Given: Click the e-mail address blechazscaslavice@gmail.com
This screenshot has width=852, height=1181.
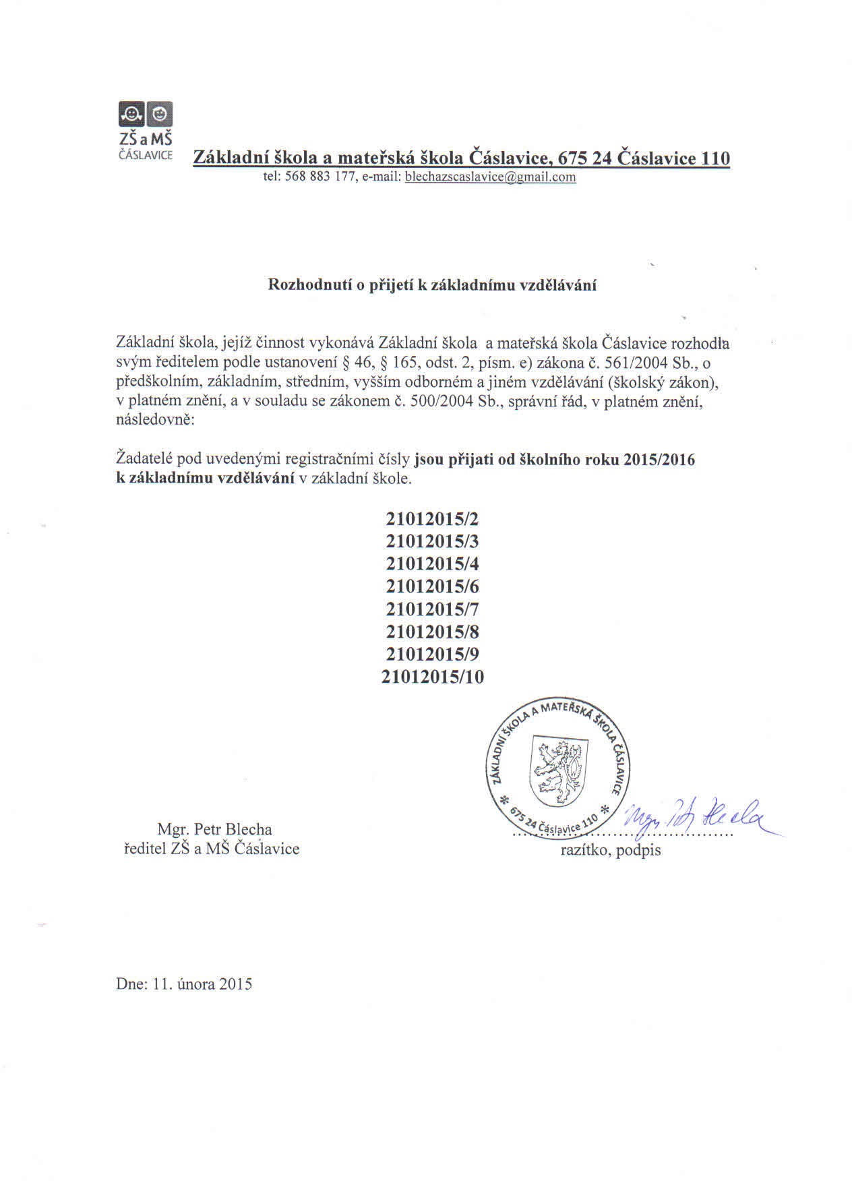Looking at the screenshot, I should pyautogui.click(x=490, y=177).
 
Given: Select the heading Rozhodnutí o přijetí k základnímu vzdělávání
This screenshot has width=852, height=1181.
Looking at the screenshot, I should pyautogui.click(x=432, y=284).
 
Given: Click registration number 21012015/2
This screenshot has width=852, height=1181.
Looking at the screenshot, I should pyautogui.click(x=432, y=519).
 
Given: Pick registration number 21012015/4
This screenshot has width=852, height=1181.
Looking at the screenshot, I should pyautogui.click(x=432, y=564).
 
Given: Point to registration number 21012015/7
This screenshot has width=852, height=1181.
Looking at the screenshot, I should pyautogui.click(x=432, y=609).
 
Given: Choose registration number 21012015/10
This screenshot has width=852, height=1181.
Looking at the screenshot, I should pyautogui.click(x=432, y=677).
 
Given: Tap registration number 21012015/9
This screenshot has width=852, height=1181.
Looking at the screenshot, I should pyautogui.click(x=432, y=654).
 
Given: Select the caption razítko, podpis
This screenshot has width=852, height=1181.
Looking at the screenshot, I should pyautogui.click(x=611, y=851).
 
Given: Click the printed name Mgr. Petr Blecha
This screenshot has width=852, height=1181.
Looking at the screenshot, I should pyautogui.click(x=214, y=829).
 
